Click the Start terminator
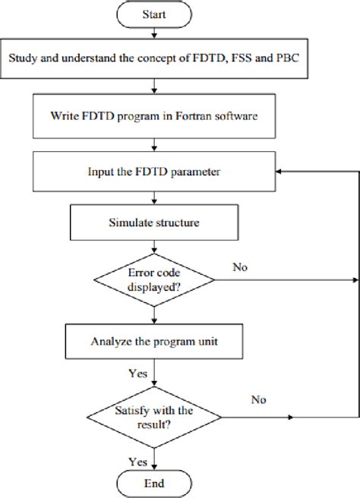(156, 15)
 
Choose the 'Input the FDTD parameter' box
(155, 172)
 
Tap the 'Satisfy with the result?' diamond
(155, 417)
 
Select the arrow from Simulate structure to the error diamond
(155, 248)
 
